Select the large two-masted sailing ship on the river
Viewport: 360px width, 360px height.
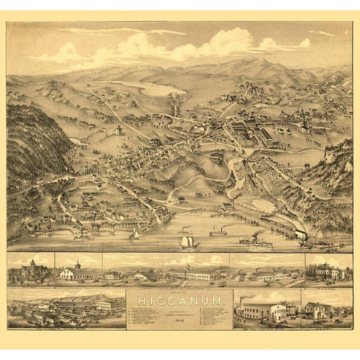point(189,241)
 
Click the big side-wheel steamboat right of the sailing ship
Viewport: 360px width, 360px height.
point(256,241)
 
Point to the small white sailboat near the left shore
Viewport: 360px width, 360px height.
point(135,235)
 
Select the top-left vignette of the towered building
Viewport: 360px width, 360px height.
point(30,270)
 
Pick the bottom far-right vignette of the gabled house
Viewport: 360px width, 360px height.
point(326,309)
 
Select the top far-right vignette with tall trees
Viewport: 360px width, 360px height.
point(328,270)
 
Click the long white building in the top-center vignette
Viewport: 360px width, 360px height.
point(196,275)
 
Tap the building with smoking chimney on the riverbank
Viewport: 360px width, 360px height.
point(225,205)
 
